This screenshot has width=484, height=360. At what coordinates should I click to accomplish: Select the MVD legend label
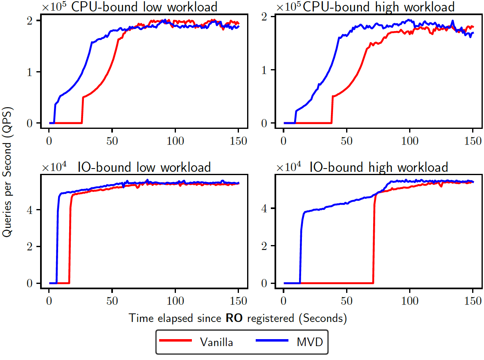coord(310,342)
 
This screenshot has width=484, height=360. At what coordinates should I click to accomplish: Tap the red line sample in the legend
coord(175,342)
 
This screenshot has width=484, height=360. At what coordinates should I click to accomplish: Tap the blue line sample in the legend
coord(272,342)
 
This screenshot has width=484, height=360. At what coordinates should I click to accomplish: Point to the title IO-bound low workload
coord(144,167)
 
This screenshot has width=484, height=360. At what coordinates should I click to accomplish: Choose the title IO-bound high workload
coord(378,167)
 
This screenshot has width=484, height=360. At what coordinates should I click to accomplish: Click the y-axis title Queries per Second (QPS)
coord(7,172)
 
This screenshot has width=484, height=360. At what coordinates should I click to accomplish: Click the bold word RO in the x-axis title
coord(233,318)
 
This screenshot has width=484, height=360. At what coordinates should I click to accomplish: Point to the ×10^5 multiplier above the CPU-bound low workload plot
coord(54,7)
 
